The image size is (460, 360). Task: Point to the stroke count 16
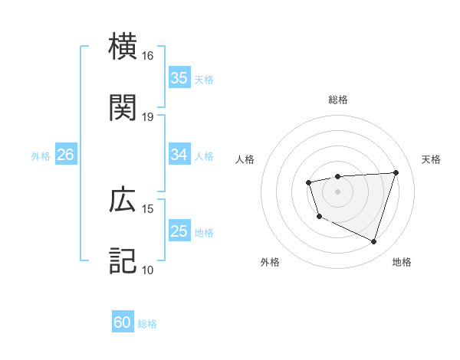click(148, 56)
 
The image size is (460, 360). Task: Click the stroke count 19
click(148, 117)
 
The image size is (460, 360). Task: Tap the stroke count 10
click(148, 270)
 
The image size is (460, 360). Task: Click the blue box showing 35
click(179, 77)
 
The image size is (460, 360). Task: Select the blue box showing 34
click(179, 155)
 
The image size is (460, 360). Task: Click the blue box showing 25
click(179, 231)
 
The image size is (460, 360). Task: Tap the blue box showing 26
click(65, 155)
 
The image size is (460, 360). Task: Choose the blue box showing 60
click(123, 322)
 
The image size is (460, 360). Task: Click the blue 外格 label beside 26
click(41, 155)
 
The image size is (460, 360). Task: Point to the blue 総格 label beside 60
click(147, 324)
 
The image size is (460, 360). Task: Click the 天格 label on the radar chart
click(431, 159)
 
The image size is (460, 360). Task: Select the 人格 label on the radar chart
click(245, 159)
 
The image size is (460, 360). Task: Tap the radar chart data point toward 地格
click(373, 242)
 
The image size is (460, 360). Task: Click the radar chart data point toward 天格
click(396, 172)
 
